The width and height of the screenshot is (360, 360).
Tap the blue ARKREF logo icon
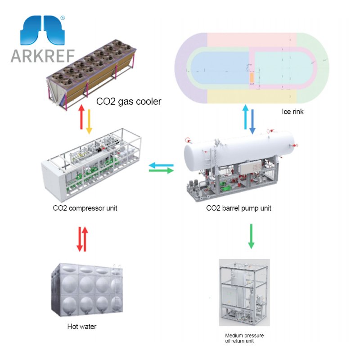43,30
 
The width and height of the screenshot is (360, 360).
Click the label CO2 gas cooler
129,102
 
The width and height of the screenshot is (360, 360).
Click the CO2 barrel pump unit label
238,208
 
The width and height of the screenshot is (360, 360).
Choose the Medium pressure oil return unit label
244,338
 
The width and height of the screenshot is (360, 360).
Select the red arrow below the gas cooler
81,119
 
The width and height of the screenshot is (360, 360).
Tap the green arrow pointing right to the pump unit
161,171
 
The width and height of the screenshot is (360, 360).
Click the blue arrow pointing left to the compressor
161,165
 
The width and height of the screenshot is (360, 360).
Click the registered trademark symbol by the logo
62,18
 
